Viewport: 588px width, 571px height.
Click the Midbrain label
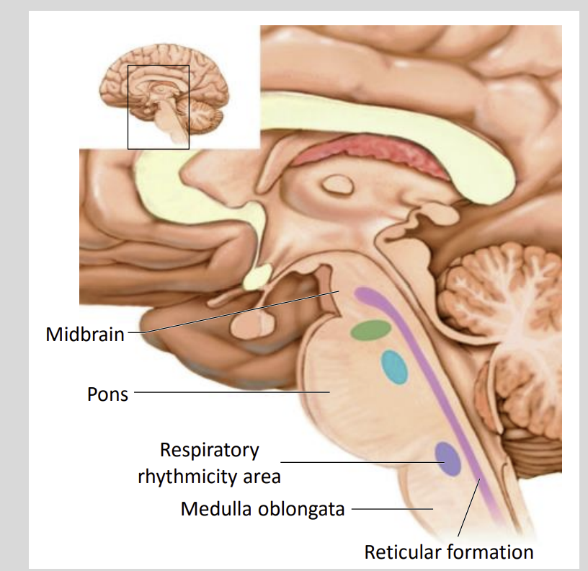[84, 335]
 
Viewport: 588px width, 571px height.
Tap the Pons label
[107, 394]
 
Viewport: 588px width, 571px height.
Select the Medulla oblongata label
[262, 509]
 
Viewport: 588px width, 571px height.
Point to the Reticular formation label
[448, 552]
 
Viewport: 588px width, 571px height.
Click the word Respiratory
[209, 451]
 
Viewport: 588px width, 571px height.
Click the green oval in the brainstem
[371, 330]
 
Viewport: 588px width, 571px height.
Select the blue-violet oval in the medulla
[447, 459]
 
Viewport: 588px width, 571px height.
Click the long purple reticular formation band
[432, 389]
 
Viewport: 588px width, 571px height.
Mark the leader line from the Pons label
[231, 393]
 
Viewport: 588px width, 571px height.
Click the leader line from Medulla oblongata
[389, 509]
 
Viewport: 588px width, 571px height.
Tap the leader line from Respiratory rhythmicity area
[360, 461]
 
